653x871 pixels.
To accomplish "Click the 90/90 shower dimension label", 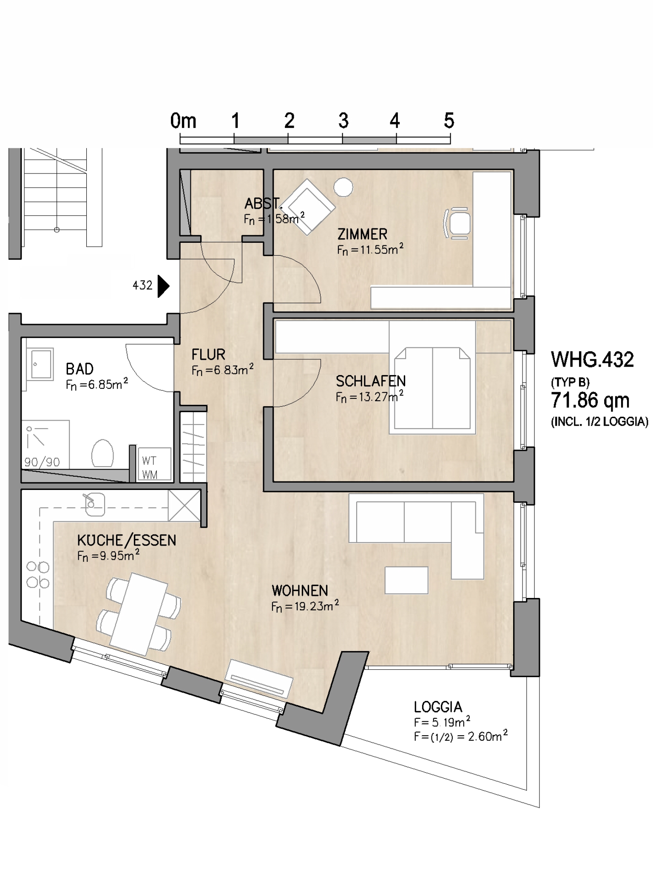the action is pos(42,462).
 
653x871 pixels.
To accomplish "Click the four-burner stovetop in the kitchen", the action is pos(38,575).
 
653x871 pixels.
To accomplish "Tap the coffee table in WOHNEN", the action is pos(406,580).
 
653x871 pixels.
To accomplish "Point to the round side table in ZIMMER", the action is pos(343,187).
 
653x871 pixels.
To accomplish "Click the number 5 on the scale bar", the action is pos(449,121).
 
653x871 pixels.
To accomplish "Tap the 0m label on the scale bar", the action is pos(183,121).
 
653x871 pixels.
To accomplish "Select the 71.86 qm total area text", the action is pos(590,400).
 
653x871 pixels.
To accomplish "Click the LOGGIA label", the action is pos(438,707).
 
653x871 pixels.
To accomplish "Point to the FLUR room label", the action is pos(208,354).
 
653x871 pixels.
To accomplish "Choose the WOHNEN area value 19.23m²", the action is pos(305,606).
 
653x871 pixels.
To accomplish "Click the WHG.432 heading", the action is pos(592,360).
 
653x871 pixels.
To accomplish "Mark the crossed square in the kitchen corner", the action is pos(185,506).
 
